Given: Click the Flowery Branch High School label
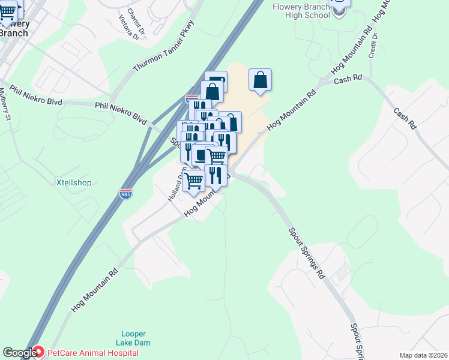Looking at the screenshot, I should click(301, 11).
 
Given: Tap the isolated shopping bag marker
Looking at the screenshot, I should click(260, 80).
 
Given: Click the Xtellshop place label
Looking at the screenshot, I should click(74, 182).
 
